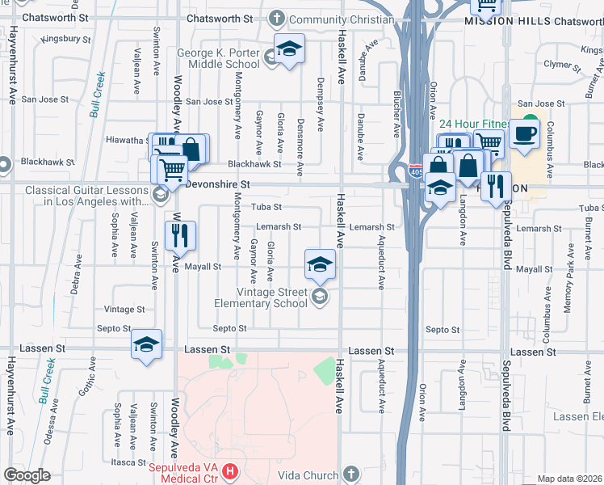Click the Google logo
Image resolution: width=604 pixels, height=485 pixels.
pos(27,475)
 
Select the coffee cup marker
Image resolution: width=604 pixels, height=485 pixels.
pos(524,134)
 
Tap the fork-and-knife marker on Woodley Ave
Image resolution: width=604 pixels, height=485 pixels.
pos(180,235)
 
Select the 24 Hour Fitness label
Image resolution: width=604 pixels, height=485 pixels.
pos(472,124)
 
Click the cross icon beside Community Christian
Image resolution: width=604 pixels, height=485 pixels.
pos(276,19)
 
